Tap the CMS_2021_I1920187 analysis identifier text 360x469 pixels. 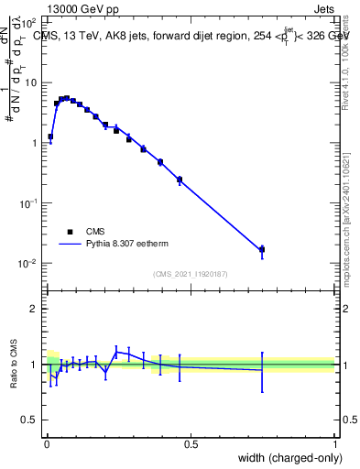click(x=190, y=274)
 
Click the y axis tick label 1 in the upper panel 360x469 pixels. click(x=35, y=143)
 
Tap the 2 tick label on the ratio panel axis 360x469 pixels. click(x=35, y=310)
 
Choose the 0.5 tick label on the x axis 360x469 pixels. click(x=191, y=445)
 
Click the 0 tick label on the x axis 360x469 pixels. click(x=47, y=445)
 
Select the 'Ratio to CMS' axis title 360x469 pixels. click(x=14, y=365)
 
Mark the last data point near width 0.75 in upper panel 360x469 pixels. click(x=262, y=249)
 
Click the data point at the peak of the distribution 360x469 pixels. click(x=67, y=97)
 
